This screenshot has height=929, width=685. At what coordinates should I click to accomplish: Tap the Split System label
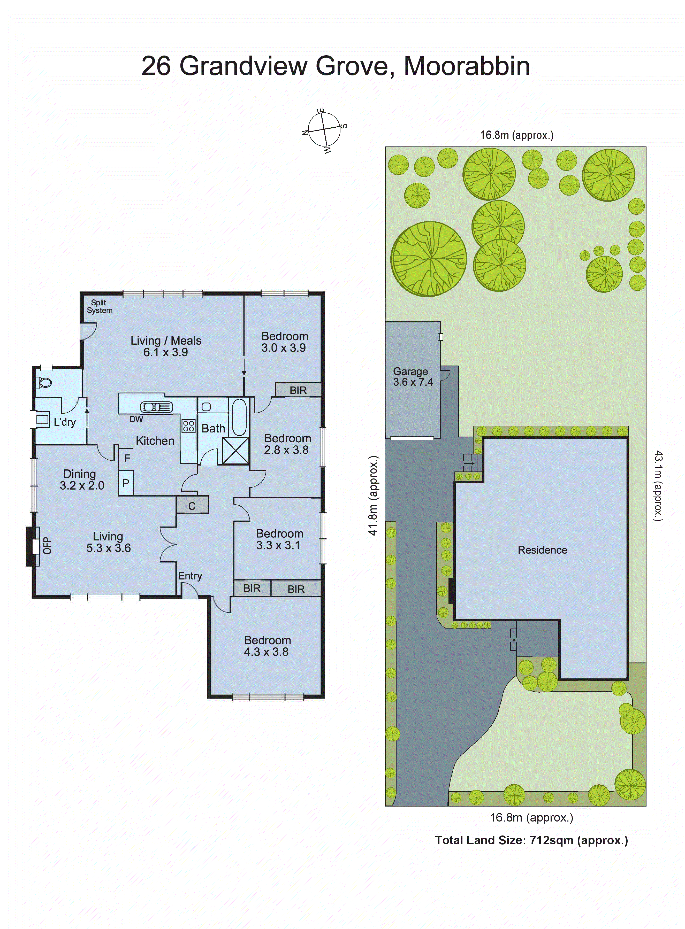pos(100,307)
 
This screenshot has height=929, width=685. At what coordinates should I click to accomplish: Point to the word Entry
pos(190,576)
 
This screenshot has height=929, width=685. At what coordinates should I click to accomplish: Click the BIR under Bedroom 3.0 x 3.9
pos(298,390)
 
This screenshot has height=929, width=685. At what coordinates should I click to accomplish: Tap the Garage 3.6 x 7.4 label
pos(413,377)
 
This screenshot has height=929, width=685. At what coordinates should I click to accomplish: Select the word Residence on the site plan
pos(542,550)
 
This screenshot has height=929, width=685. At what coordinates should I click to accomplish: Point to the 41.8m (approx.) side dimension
pos(374,495)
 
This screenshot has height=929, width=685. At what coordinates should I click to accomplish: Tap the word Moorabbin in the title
pos(467,66)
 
